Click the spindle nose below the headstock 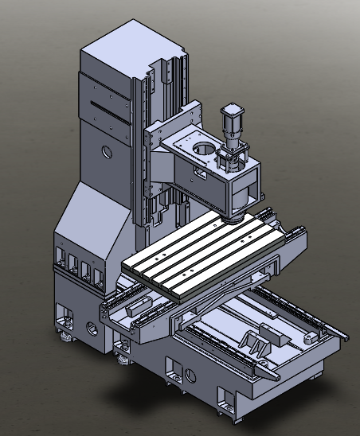(236, 212)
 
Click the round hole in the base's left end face (88, 326)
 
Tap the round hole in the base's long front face (190, 373)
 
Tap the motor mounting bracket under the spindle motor (231, 156)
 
